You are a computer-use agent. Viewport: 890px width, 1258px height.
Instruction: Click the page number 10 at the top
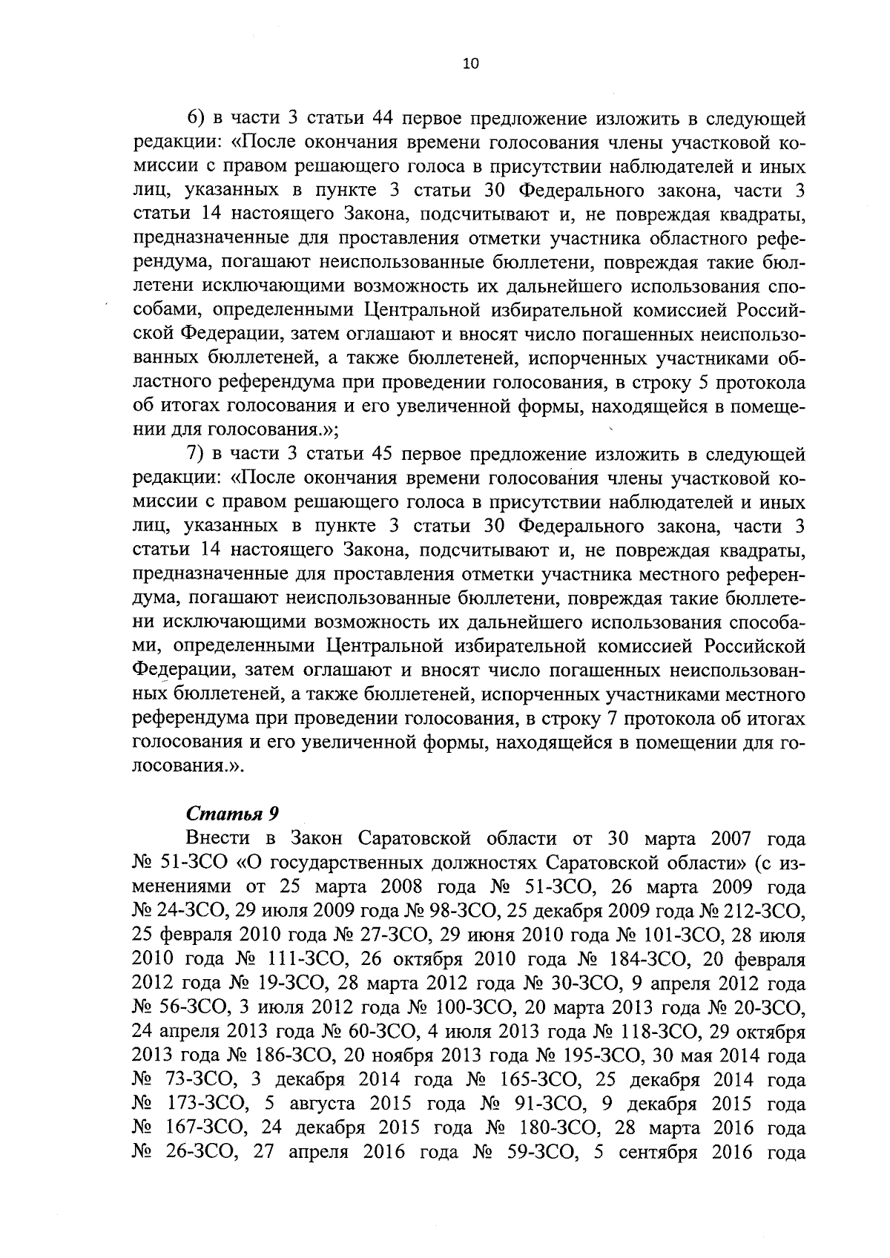pyautogui.click(x=470, y=64)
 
